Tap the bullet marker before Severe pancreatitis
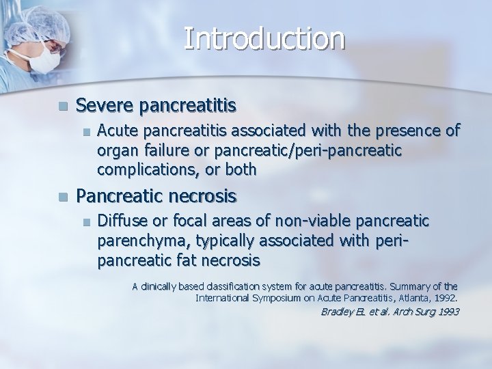pyautogui.click(x=63, y=107)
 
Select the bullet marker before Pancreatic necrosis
pyautogui.click(x=63, y=197)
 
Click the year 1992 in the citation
pyautogui.click(x=443, y=298)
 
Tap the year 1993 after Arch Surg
pyautogui.click(x=448, y=312)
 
